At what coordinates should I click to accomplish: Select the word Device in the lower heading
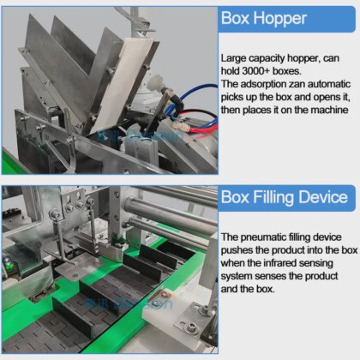[x=324, y=197]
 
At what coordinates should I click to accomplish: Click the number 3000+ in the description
[x=255, y=71]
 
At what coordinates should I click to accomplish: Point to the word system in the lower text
[x=236, y=277]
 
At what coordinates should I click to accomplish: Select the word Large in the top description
[x=233, y=58]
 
